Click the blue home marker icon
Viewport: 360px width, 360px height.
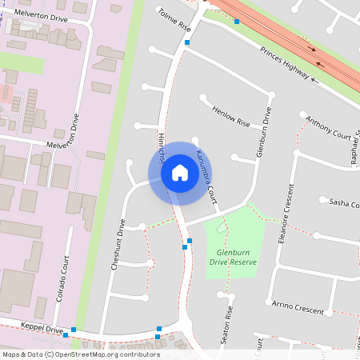tap(180, 173)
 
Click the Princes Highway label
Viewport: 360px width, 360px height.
tap(285, 62)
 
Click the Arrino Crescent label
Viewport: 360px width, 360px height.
tap(297, 308)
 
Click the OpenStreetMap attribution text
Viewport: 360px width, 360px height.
tap(80, 354)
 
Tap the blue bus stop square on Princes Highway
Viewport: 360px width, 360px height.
tap(237, 22)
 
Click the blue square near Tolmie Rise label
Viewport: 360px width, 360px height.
tap(187, 41)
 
